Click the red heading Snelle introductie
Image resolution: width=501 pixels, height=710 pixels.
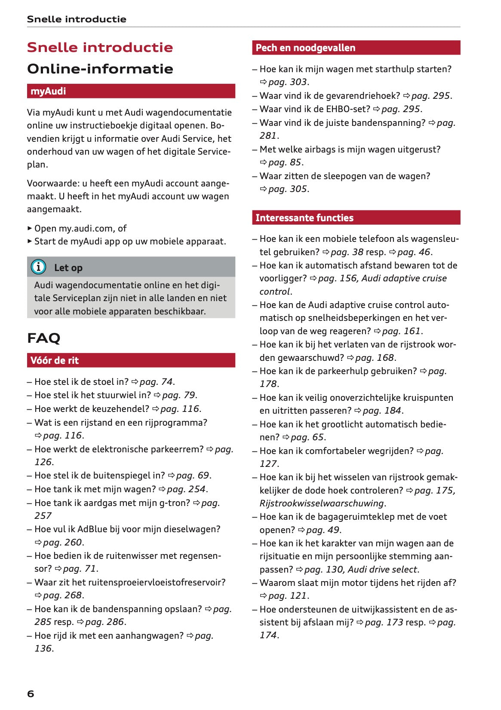[x=100, y=47]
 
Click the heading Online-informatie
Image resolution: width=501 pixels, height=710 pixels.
[x=100, y=69]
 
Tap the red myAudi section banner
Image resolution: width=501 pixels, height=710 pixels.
[x=131, y=91]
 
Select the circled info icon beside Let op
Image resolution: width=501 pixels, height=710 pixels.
[x=39, y=267]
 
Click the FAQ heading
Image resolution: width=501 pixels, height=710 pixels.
[x=43, y=338]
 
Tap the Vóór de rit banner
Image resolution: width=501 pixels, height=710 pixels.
[x=131, y=360]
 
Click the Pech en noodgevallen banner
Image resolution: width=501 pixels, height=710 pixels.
[x=356, y=48]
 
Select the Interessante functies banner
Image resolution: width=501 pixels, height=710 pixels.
[x=356, y=218]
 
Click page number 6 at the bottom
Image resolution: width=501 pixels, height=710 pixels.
[x=31, y=694]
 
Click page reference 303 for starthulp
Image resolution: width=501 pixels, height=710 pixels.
[x=298, y=82]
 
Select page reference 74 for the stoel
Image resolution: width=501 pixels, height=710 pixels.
[x=167, y=382]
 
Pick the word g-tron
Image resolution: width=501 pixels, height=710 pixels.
[x=175, y=503]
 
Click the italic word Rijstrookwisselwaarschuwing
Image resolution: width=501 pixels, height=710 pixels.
[x=322, y=503]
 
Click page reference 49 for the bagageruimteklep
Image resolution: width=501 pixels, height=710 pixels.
[x=333, y=530]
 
